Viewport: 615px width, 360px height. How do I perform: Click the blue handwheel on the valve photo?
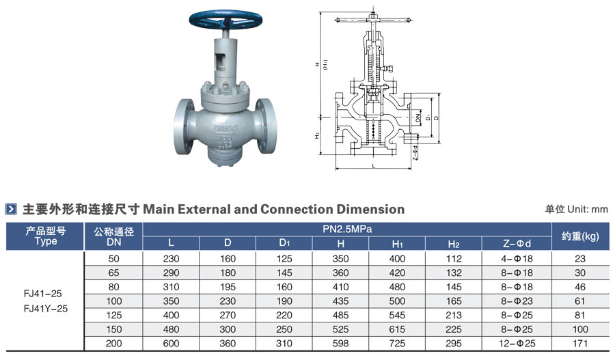225,19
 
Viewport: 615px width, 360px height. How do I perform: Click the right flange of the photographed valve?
266,126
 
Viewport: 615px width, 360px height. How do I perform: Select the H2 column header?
454,244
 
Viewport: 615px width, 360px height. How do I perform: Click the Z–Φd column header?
517,244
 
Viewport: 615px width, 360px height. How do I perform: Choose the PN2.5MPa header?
347,230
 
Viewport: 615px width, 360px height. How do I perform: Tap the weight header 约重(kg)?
580,236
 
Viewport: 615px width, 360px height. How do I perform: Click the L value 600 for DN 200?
171,344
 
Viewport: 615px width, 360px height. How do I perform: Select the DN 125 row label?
113,316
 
